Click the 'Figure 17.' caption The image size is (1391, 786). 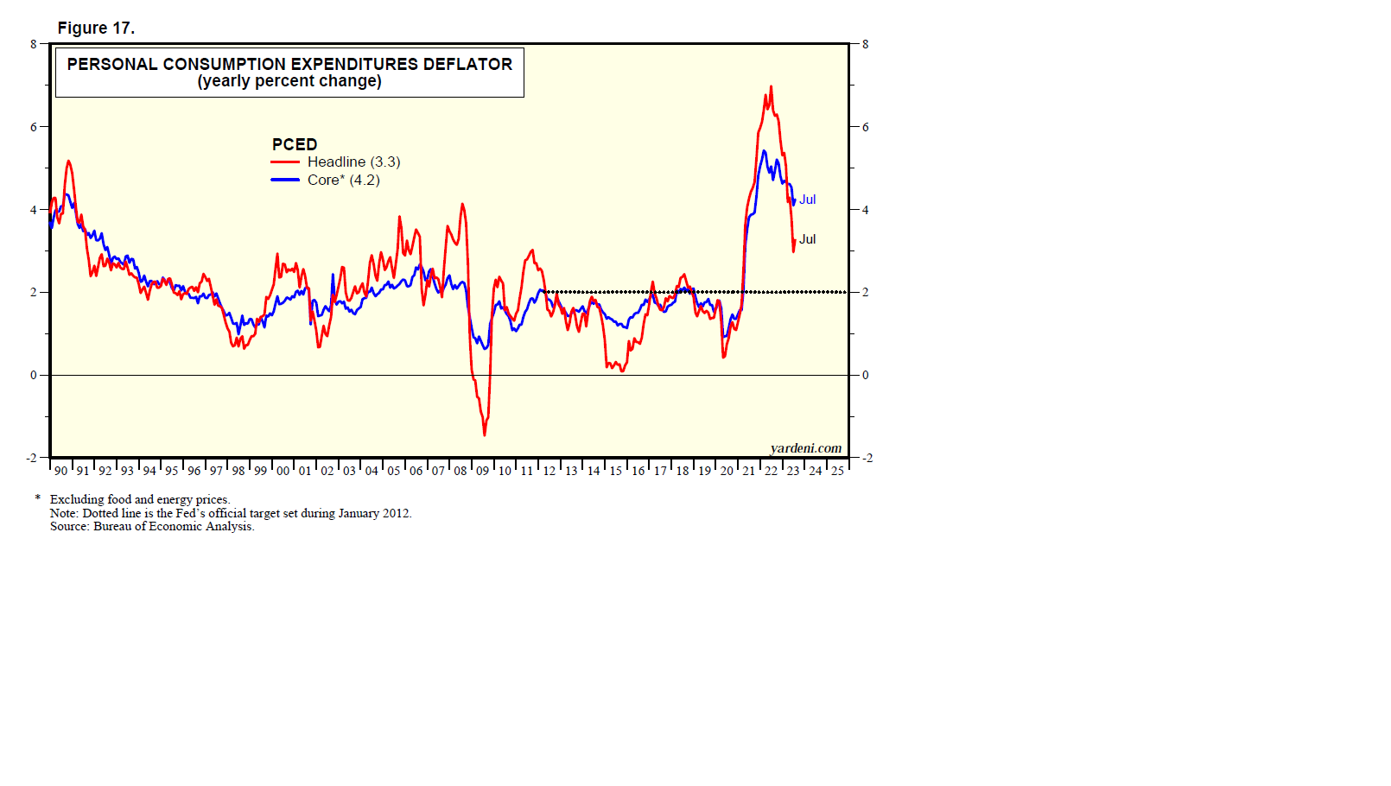tap(96, 28)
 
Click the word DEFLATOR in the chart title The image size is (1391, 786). tap(467, 64)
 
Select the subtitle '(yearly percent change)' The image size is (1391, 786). tap(289, 81)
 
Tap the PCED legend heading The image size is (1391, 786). tap(295, 144)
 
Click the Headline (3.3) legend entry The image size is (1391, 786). tap(353, 162)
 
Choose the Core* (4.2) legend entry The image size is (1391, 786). tap(343, 180)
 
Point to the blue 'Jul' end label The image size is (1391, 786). tap(807, 200)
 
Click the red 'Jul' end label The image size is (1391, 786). tap(807, 239)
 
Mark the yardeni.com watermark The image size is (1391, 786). tap(805, 447)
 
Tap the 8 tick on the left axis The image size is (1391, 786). tap(34, 44)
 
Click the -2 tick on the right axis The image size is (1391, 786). tap(867, 458)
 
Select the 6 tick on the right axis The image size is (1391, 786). tap(865, 127)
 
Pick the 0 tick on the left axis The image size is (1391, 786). tap(34, 375)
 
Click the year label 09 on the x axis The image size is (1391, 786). tap(482, 471)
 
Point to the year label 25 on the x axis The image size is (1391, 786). tap(837, 471)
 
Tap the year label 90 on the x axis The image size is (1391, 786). tap(60, 471)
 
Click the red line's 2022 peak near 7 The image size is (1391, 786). tap(771, 87)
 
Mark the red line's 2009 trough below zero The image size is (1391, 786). tap(485, 434)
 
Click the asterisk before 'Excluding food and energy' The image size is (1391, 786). tap(38, 498)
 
